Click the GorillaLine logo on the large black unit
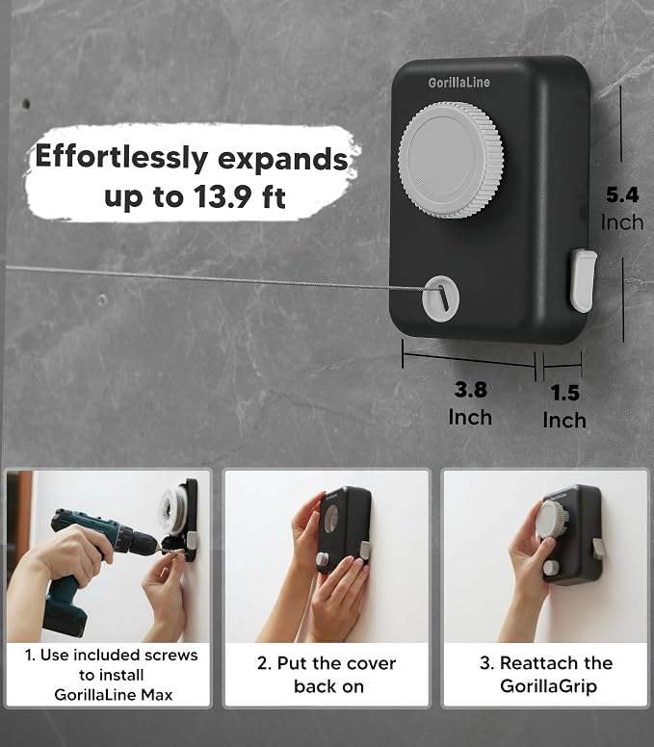[x=458, y=83]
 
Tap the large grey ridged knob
[x=451, y=160]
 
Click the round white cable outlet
[x=440, y=298]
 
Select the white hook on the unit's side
[x=583, y=280]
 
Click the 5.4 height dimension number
[x=622, y=194]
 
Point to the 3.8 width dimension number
[x=470, y=389]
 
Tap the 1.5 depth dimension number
[x=564, y=393]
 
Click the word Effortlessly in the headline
[x=121, y=157]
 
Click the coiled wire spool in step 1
[x=174, y=510]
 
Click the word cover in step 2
[x=372, y=663]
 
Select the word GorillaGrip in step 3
[x=549, y=686]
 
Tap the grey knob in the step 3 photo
[x=552, y=520]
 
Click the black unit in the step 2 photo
[x=343, y=528]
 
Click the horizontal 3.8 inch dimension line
[x=469, y=360]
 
